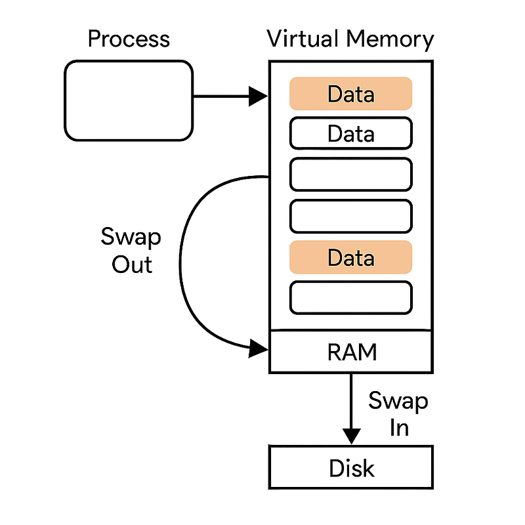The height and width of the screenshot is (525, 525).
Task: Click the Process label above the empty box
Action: point(129,39)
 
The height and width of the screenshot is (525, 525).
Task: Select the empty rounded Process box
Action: point(129,100)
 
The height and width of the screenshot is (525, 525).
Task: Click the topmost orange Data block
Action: point(350,94)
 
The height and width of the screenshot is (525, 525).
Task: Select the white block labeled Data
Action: point(350,134)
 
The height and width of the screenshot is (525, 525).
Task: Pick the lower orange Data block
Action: point(350,257)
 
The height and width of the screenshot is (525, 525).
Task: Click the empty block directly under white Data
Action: point(350,175)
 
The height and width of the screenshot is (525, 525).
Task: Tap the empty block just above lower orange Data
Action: point(350,216)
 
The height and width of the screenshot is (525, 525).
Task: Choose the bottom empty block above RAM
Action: point(350,297)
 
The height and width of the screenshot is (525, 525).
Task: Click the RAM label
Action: point(352,352)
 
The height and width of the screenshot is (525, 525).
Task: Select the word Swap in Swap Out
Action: point(131,237)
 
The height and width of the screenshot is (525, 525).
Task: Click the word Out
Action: point(131,264)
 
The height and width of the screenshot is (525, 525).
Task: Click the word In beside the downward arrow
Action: point(399,428)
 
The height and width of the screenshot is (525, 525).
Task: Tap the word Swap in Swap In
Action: point(398,401)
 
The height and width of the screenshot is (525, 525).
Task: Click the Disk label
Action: point(351,469)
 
